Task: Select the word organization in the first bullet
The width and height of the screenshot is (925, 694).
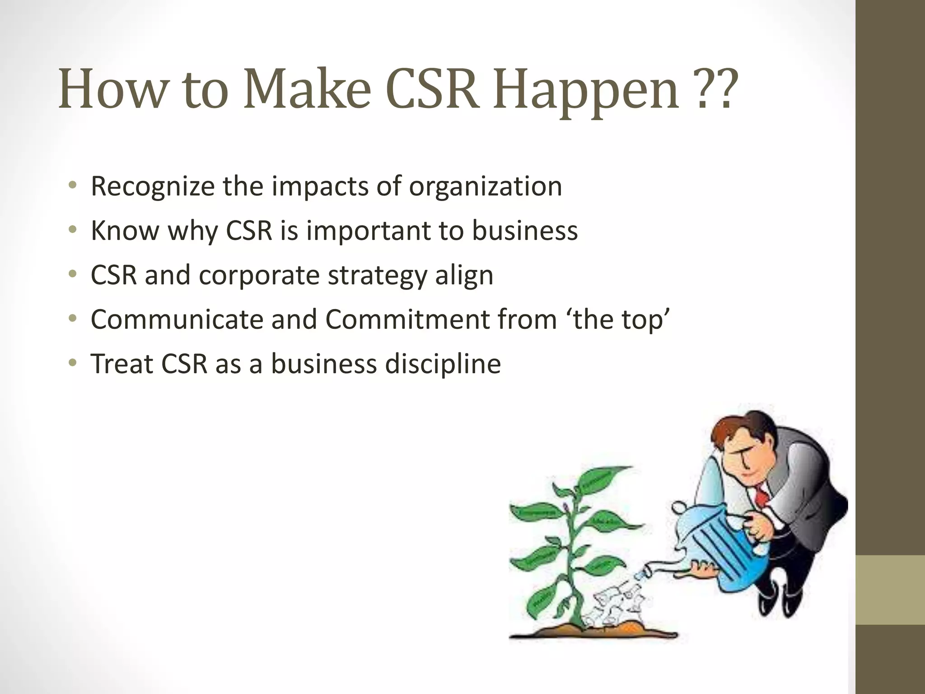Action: pos(485,187)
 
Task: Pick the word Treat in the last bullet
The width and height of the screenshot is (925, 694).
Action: pos(121,364)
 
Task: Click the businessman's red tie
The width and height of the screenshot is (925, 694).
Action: pos(762,495)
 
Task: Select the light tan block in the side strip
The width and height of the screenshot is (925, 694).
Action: pos(890,590)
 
